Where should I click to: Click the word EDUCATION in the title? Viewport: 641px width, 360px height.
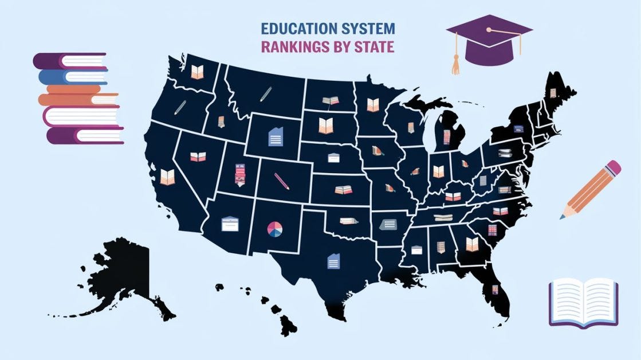(294, 28)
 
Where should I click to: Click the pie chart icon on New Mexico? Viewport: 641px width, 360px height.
(274, 228)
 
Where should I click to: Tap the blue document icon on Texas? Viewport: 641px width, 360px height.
(332, 261)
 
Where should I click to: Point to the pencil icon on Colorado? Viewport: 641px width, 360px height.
(282, 181)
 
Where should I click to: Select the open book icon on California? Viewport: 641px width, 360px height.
(167, 177)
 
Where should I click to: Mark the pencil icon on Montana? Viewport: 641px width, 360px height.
(265, 93)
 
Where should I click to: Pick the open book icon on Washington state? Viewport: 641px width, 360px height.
(197, 72)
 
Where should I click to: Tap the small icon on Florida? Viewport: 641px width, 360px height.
(496, 289)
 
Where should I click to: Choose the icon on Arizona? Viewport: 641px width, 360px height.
(230, 224)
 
